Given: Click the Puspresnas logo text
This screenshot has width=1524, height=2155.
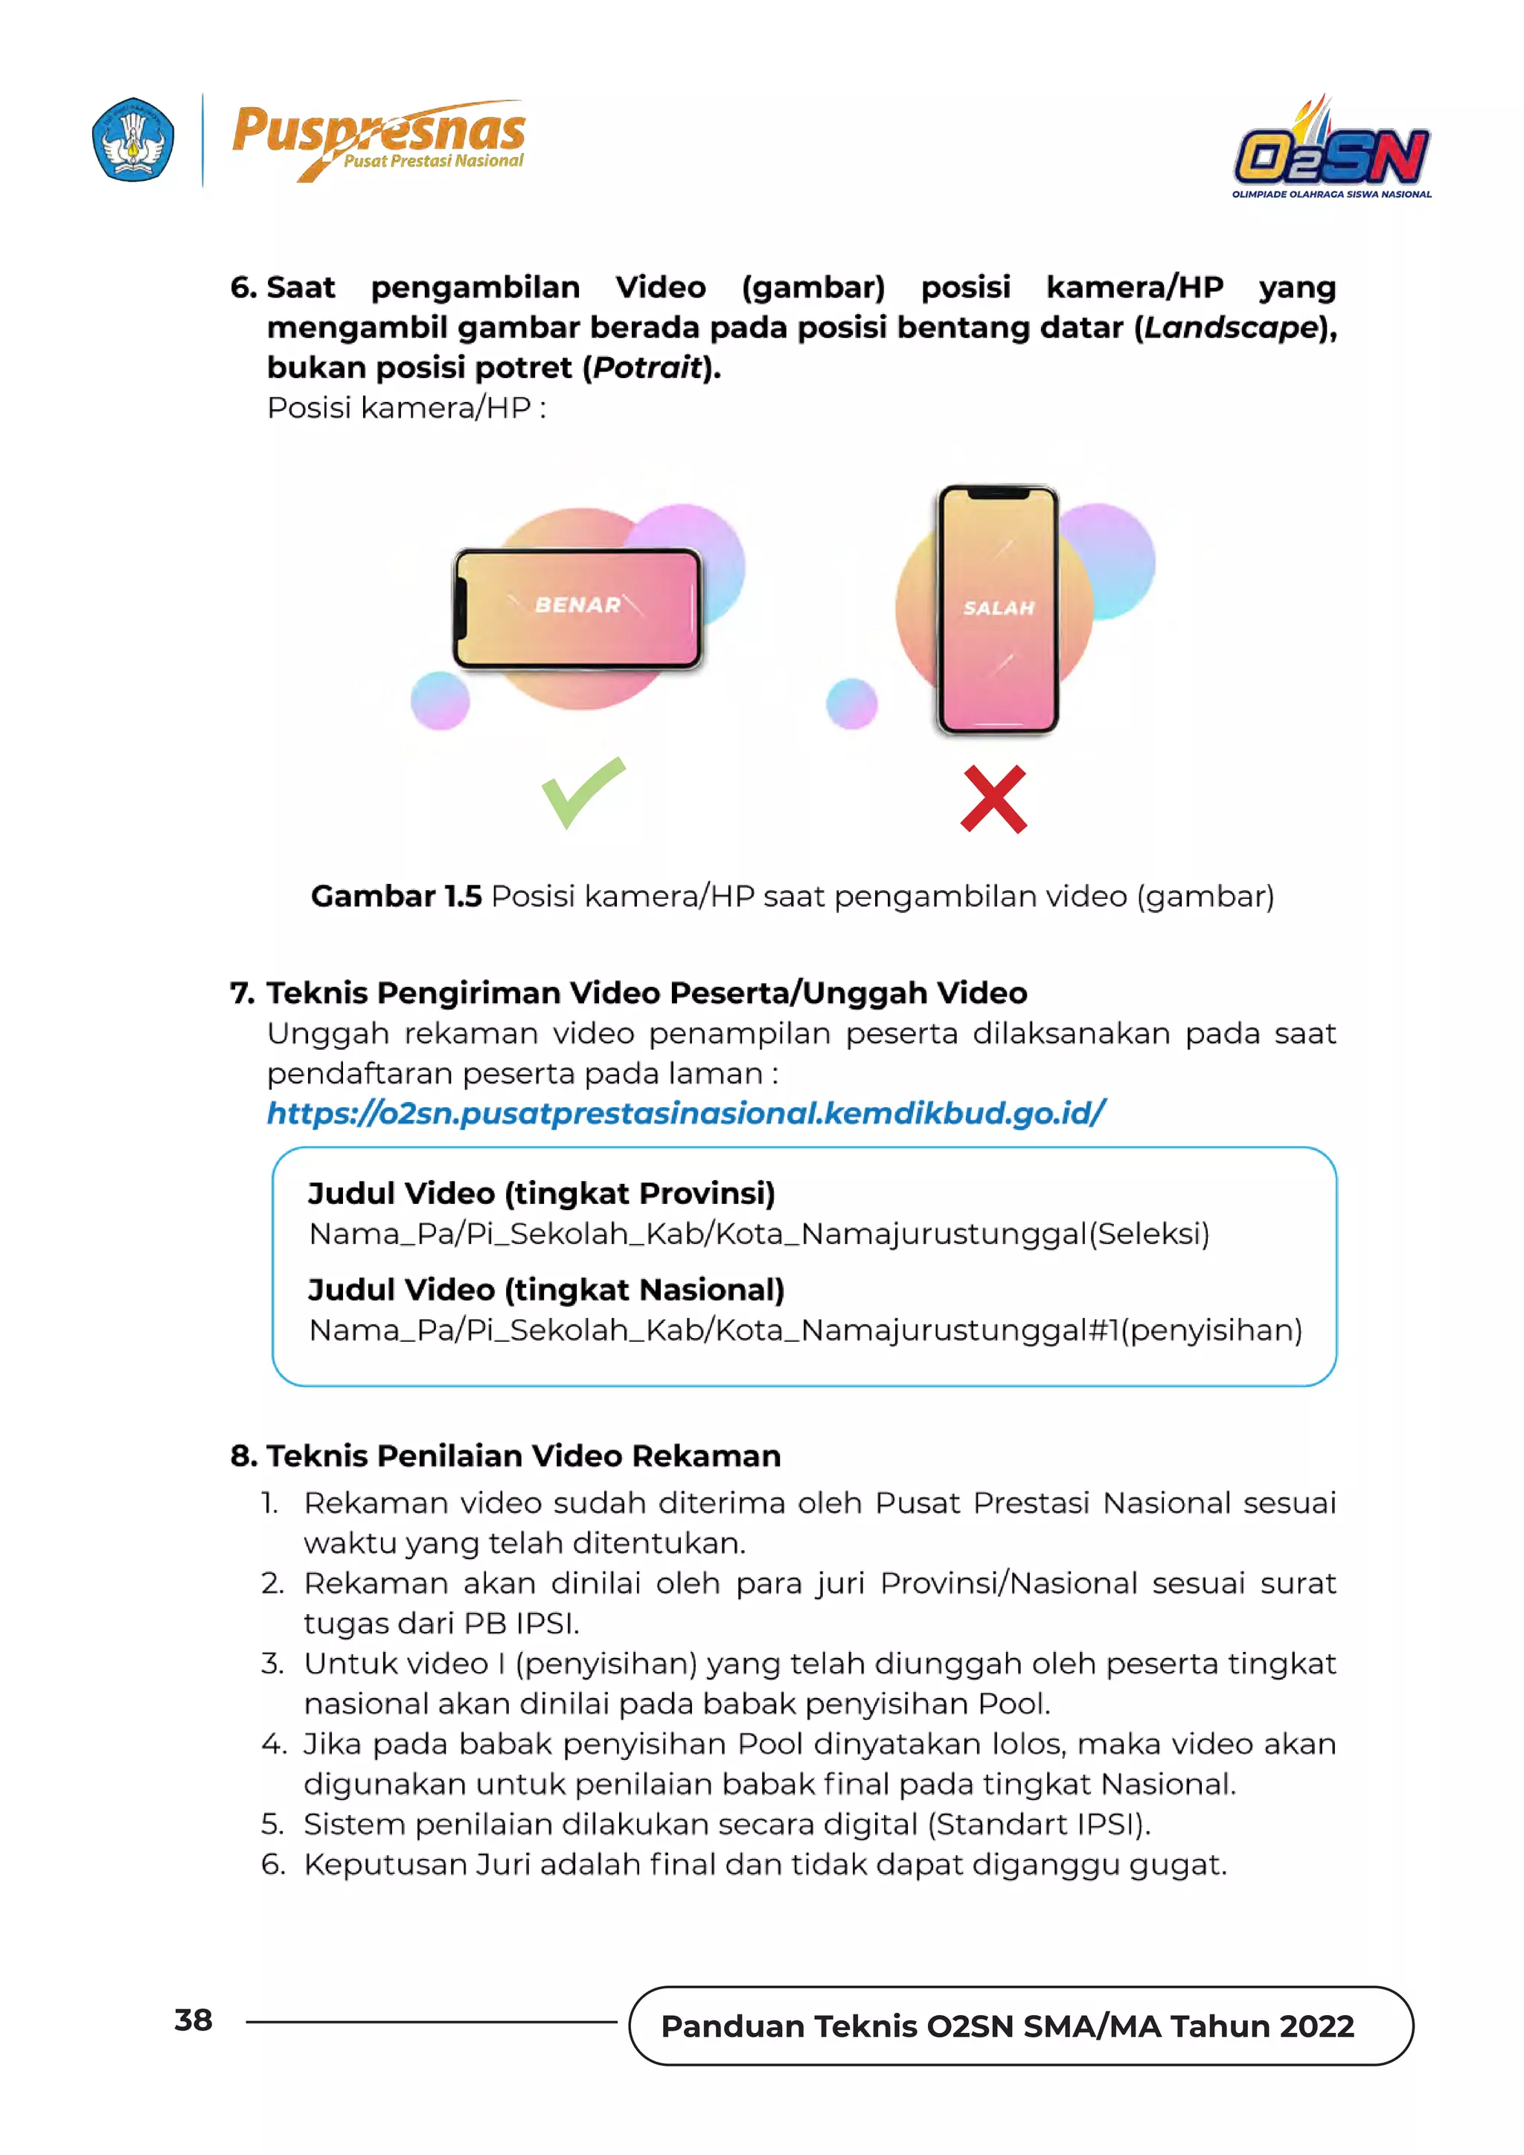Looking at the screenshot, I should (x=378, y=132).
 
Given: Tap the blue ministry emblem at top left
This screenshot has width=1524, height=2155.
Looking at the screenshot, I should (x=132, y=139).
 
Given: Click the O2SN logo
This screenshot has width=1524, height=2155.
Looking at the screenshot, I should (x=1331, y=150).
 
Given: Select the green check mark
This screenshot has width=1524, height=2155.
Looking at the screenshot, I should (x=582, y=791).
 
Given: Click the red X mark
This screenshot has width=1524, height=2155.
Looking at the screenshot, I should (x=993, y=800).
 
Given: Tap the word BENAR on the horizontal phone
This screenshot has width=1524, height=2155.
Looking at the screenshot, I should (x=577, y=606).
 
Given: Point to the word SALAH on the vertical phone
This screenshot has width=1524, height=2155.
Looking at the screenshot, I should (x=999, y=608).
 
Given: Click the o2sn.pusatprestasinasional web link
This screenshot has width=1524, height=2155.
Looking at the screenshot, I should (x=686, y=1113).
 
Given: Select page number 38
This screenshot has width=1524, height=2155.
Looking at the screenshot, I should (x=193, y=2021).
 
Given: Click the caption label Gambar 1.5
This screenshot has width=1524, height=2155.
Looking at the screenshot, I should (x=396, y=897).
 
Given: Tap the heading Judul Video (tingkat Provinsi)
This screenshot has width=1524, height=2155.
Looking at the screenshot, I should (x=542, y=1194).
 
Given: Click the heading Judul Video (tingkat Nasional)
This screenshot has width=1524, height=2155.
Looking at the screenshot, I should (x=545, y=1290).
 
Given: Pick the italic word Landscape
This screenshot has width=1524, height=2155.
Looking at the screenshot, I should (x=1232, y=327).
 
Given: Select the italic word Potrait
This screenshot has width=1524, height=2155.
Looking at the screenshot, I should (x=647, y=368).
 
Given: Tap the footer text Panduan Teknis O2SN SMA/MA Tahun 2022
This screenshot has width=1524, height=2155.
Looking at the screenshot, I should (x=1007, y=2026).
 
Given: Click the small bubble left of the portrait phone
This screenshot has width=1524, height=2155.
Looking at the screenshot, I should (x=851, y=704).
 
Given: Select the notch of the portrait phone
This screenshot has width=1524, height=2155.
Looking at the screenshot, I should (x=999, y=493).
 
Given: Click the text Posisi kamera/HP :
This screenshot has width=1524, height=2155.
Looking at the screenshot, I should (x=406, y=409).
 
